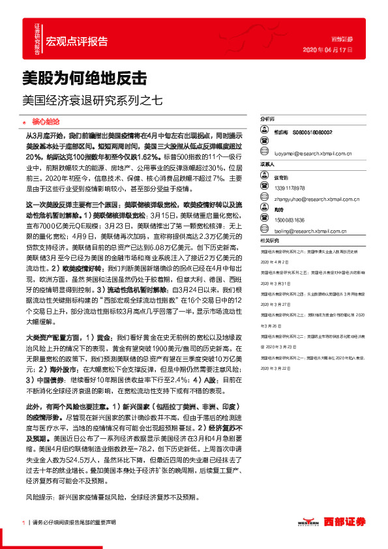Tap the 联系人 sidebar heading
coord(268,164)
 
